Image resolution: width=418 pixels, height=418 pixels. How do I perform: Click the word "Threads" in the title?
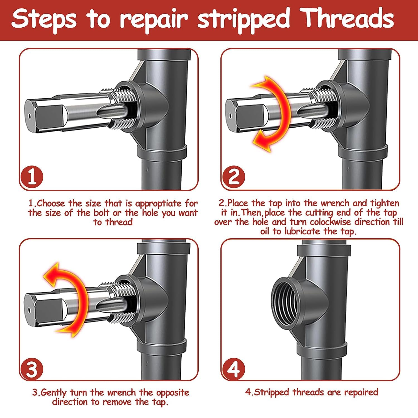point(348,18)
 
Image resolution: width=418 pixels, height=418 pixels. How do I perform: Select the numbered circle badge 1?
point(32,178)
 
